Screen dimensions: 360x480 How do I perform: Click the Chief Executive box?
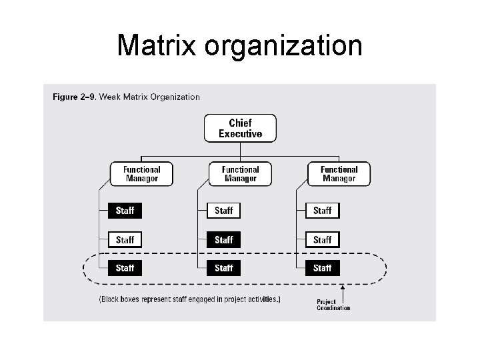(x=240, y=128)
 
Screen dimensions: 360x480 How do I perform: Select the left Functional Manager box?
(x=141, y=174)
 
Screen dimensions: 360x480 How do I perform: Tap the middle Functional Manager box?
(x=240, y=174)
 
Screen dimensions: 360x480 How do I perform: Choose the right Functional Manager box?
(x=339, y=174)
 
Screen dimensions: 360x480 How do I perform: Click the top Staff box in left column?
(x=125, y=211)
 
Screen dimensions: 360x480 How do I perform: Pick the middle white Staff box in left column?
(x=125, y=239)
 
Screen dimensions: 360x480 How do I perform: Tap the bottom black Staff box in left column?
(x=125, y=268)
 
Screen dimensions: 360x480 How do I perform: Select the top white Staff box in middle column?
(x=223, y=211)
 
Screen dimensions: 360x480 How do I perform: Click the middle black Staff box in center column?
(x=223, y=239)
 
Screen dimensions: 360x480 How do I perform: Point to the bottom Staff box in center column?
(x=223, y=268)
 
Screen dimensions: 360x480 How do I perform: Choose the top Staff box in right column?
(x=322, y=211)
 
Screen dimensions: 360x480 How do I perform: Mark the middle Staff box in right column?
(x=322, y=239)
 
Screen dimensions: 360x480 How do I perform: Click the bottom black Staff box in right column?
(x=322, y=268)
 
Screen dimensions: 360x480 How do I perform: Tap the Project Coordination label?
(x=333, y=305)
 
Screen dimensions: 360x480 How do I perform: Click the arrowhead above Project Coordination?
(x=343, y=288)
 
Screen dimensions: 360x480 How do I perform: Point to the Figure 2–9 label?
(x=75, y=97)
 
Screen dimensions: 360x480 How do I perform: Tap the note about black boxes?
(x=189, y=300)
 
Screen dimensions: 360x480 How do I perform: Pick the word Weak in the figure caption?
(x=111, y=97)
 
